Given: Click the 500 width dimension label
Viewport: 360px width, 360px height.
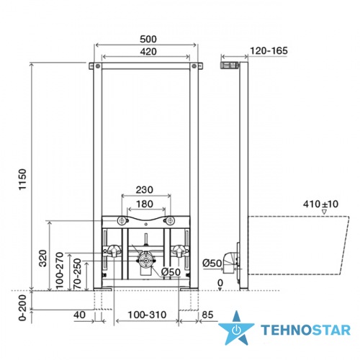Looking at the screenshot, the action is (148, 39).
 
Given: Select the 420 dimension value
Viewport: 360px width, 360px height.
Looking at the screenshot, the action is (148, 52).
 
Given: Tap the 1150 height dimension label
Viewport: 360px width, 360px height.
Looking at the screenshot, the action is (22, 179).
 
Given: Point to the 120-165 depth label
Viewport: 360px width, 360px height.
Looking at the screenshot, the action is (269, 51).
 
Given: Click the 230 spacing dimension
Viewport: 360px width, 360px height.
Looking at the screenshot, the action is (145, 190).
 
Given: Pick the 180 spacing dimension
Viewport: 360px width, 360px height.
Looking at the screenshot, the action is (145, 204).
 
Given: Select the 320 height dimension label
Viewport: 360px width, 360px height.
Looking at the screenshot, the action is (43, 258).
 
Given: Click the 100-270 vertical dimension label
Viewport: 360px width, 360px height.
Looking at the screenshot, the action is (60, 271).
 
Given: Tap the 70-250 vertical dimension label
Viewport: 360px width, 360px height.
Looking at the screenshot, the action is (77, 274).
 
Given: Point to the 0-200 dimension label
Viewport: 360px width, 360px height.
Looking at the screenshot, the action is (22, 308).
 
